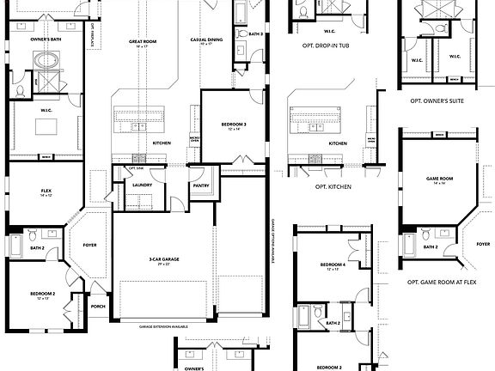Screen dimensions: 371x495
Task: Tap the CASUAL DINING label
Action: pos(207,40)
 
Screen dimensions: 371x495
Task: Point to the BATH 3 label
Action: pos(254,34)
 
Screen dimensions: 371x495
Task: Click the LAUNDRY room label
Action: pos(142,184)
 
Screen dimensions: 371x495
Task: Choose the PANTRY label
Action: pos(202,185)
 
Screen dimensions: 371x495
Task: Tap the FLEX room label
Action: pos(46,192)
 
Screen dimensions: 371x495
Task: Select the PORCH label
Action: pos(98,307)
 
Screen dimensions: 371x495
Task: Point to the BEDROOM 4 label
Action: pos(333,265)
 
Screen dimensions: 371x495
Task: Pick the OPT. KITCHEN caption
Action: pos(332,186)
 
